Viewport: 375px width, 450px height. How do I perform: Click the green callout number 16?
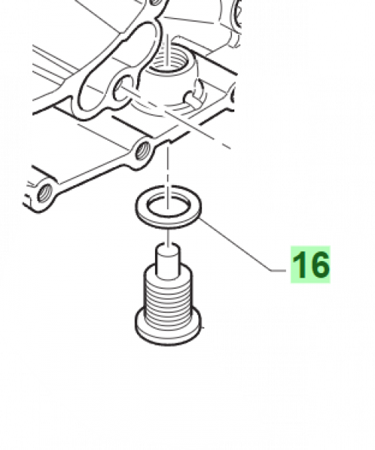point(311,265)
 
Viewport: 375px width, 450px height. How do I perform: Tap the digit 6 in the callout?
point(318,265)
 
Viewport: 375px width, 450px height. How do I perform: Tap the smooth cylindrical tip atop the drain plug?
point(169,262)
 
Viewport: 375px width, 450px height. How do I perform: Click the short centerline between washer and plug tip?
point(168,237)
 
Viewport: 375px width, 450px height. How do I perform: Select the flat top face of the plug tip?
point(169,250)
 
